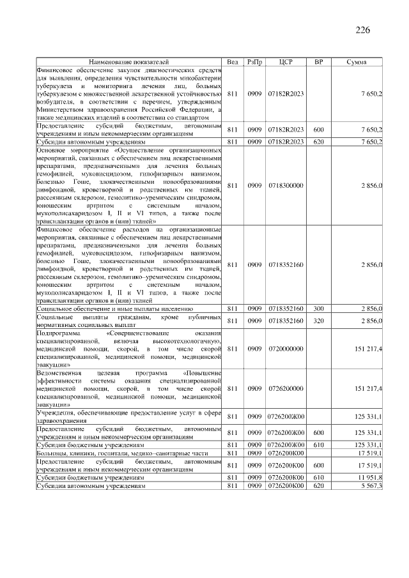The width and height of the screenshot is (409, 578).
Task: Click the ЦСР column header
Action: (286, 61)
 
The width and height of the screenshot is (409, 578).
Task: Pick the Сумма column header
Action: (356, 61)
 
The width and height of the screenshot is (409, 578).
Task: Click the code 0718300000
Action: (286, 185)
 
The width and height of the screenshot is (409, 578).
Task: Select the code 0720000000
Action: (286, 349)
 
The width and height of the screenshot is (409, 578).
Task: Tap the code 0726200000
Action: (286, 388)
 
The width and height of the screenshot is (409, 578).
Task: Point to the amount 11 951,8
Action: (370, 477)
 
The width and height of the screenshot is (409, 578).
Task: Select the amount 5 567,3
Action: (371, 486)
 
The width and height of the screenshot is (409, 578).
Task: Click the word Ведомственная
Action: (59, 372)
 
